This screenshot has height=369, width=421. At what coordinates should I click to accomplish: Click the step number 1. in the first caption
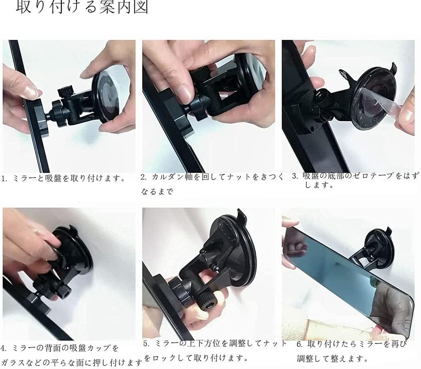click(x=5, y=179)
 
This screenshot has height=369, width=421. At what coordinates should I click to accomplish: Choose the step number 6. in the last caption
click(x=300, y=344)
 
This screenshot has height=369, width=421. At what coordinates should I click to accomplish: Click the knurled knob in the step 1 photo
click(x=65, y=91)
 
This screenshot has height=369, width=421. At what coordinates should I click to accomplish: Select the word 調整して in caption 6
click(x=319, y=358)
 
